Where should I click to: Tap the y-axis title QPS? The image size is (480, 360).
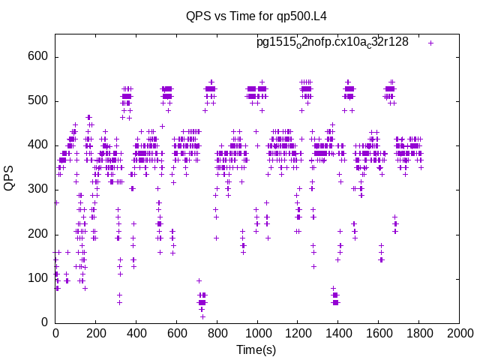click(10, 178)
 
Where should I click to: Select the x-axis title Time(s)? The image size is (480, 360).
click(256, 349)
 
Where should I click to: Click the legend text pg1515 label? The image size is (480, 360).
click(332, 42)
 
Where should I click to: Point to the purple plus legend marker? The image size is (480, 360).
click(431, 43)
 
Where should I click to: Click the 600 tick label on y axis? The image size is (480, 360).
click(38, 57)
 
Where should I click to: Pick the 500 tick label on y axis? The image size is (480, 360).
click(38, 101)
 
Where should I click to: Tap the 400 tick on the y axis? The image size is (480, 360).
click(38, 145)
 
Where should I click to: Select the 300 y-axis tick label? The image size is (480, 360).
click(38, 190)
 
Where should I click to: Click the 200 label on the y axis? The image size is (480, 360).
click(38, 234)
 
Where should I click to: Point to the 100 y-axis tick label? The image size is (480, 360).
click(38, 278)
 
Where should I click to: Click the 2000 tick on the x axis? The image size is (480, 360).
click(459, 333)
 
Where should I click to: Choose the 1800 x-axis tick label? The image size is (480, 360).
click(418, 333)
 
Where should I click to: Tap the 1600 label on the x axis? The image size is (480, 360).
click(378, 333)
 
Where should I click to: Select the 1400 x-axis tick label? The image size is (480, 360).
click(337, 333)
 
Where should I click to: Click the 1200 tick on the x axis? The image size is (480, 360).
click(298, 333)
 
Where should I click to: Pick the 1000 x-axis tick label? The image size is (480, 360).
click(257, 333)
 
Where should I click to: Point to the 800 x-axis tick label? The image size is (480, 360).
click(217, 333)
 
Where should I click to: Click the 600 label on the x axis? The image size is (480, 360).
click(176, 333)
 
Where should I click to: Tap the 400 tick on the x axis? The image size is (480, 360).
click(136, 333)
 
